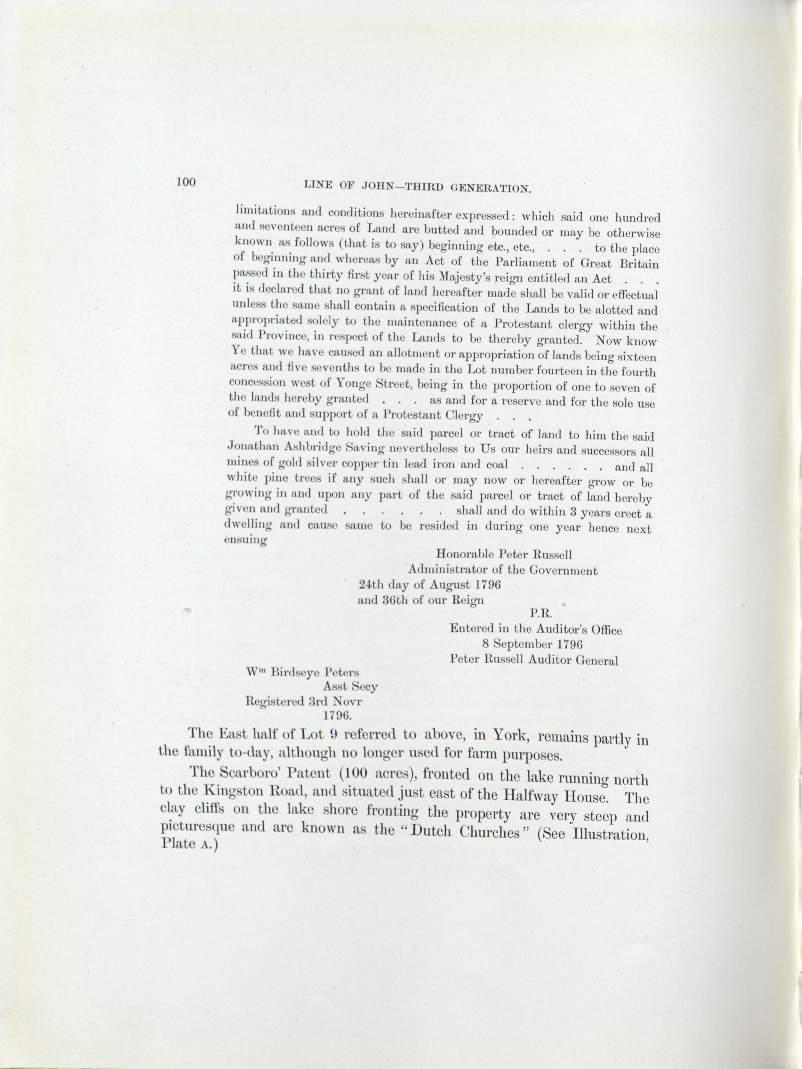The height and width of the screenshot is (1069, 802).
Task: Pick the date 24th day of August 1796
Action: [x=429, y=584]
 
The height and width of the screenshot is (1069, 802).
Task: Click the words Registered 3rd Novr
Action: [x=304, y=701]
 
